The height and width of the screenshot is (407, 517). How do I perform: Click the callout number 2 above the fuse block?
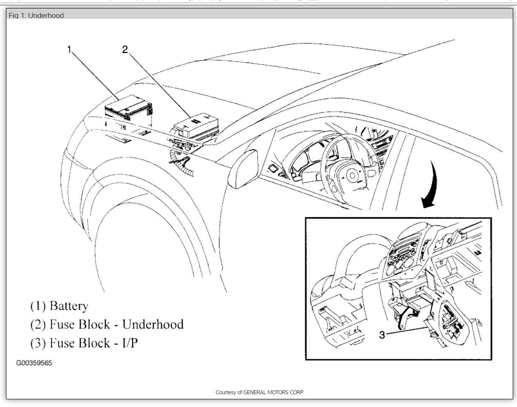point(125,49)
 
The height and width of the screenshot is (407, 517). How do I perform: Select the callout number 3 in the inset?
point(382,335)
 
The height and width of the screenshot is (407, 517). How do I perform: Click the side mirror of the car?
point(243,168)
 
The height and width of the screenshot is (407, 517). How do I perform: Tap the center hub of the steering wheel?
point(353,175)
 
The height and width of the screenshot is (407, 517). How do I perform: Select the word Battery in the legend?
point(69,306)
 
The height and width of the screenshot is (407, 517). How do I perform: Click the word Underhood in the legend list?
point(153,324)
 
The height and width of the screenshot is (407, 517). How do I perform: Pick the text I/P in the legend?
point(128,343)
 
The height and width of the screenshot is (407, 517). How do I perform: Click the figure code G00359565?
point(34,363)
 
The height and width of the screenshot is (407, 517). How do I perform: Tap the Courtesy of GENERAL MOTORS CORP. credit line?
point(259,392)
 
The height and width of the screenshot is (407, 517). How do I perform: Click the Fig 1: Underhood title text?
point(36,15)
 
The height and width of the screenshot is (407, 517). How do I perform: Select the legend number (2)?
point(38,324)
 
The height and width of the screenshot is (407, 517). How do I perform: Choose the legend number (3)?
point(38,343)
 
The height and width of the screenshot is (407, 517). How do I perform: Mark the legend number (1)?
point(38,306)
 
